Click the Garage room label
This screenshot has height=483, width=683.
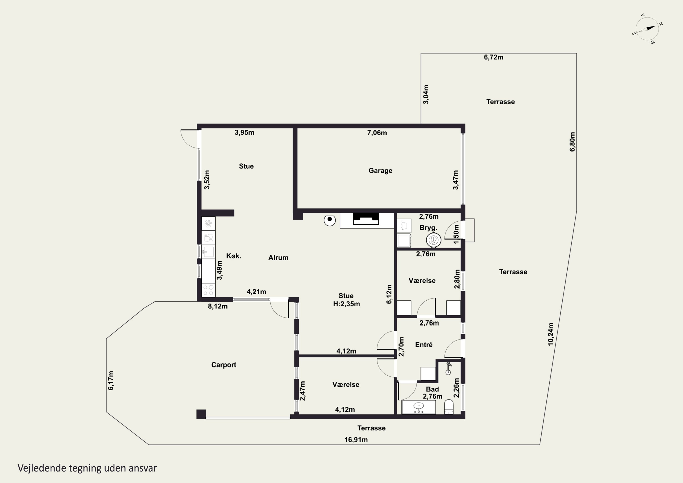click(380, 171)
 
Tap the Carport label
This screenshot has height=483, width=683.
click(224, 365)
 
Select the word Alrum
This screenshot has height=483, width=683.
click(278, 258)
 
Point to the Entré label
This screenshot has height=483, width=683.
click(424, 345)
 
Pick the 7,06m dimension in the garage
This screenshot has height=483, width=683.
click(377, 133)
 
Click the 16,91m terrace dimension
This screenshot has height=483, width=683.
click(356, 440)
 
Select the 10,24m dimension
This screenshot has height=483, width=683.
click(551, 334)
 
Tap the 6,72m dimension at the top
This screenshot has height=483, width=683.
click(494, 57)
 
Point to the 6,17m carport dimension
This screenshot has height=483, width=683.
click(111, 381)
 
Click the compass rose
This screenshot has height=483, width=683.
click(647, 28)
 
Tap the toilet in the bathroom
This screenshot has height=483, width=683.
click(449, 407)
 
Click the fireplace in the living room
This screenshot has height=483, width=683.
click(366, 219)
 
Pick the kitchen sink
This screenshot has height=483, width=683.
click(208, 252)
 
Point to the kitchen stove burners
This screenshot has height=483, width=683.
click(208, 290)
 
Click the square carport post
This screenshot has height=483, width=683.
click(201, 414)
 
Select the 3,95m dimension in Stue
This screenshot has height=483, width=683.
click(245, 133)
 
